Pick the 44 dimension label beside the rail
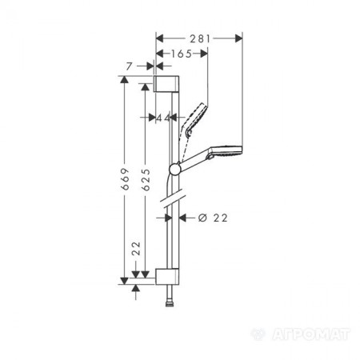[165, 118]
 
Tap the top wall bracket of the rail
[167, 84]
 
